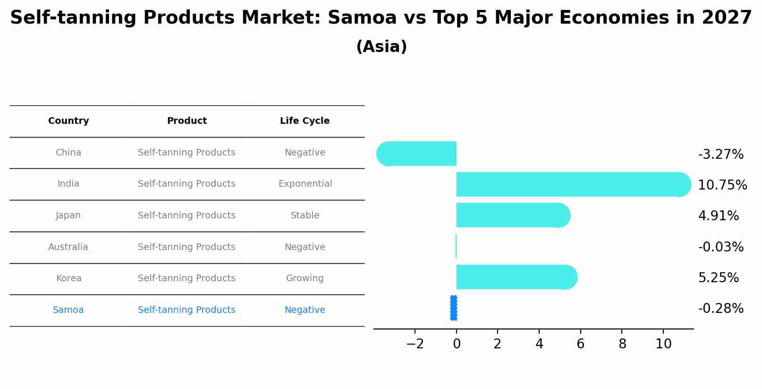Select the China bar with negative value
tap(418, 154)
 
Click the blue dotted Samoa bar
tap(454, 308)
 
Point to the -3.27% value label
tap(720, 155)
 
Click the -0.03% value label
tap(720, 247)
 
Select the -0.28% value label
tap(720, 309)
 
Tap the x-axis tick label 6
tap(580, 344)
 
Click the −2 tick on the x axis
tap(415, 344)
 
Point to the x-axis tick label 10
tap(663, 344)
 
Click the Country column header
tap(68, 121)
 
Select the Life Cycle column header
tap(305, 121)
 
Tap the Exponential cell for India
tap(305, 184)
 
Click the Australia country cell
tap(68, 247)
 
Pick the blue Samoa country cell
tap(68, 310)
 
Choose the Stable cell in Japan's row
tap(305, 216)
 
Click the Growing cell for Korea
tap(305, 278)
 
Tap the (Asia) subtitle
tap(381, 47)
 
